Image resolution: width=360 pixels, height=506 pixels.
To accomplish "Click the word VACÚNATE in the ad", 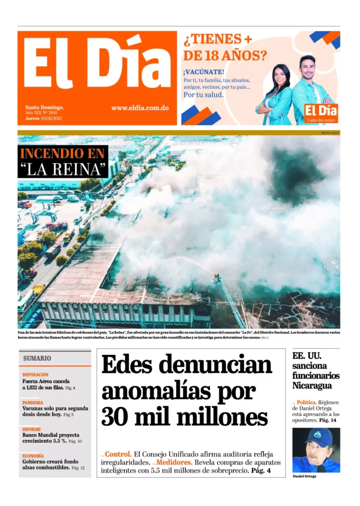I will point(203,72).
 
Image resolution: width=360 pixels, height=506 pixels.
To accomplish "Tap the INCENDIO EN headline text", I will point(62,153).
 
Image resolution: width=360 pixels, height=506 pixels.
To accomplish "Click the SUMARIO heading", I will point(37,358).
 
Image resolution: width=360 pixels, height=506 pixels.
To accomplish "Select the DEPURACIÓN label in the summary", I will point(36,375).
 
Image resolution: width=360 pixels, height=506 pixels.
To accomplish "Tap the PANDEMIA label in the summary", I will point(33,403).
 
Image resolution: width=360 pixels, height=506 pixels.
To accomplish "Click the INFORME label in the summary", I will point(32,429).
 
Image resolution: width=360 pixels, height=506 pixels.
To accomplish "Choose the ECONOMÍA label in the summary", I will point(33,456).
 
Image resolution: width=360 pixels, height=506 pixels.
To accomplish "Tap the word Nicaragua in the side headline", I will point(312,385).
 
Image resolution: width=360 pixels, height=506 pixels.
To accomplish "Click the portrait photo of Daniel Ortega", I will point(316,450).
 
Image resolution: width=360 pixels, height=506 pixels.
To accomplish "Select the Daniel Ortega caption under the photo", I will point(304,476).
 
